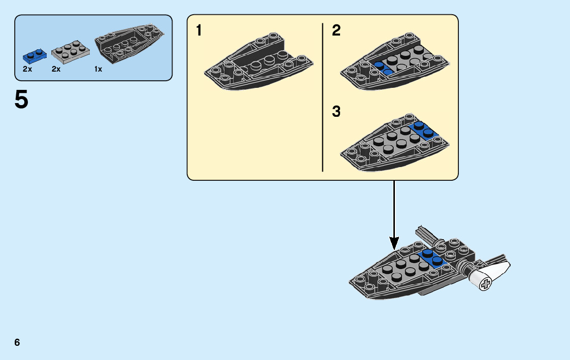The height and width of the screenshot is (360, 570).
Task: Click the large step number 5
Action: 22,100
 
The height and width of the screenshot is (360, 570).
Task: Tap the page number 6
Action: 17,342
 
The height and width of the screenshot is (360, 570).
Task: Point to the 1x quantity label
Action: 98,69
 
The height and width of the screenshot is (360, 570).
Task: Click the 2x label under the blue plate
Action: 27,69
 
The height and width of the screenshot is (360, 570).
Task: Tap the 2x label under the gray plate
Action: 56,69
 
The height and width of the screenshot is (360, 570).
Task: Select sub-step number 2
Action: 336,31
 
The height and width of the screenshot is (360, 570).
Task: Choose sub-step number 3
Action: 336,112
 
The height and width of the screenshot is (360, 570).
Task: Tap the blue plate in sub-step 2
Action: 383,69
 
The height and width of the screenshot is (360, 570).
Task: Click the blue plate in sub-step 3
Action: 422,129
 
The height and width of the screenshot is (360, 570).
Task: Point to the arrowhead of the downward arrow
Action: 393,243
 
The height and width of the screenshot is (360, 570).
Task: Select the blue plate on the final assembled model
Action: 431,257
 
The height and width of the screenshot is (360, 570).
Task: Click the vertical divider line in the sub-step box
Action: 323,96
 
